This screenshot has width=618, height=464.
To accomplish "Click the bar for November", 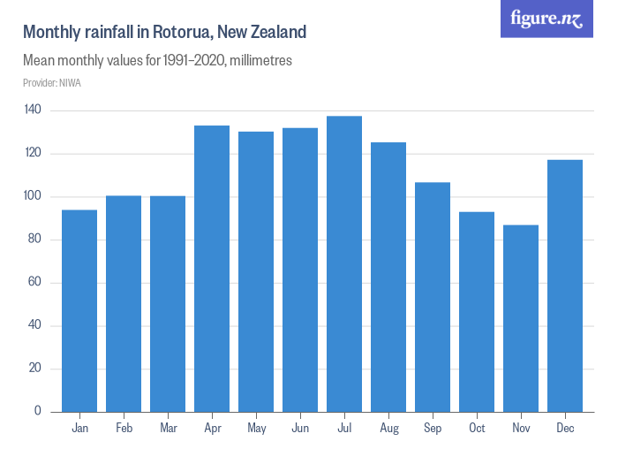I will point(521,318).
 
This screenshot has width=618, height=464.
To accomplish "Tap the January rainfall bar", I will point(79,310).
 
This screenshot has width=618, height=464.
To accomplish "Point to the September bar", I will point(433,297).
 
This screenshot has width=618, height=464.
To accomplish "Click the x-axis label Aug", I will point(388,429).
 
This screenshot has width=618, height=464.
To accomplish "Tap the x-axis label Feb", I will point(124,429).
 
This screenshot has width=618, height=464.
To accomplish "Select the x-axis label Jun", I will point(300,429).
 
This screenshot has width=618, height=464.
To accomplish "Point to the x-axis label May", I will point(256,429).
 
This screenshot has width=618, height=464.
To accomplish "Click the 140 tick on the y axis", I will point(34,110).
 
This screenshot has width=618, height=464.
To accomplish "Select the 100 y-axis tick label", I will point(34,196).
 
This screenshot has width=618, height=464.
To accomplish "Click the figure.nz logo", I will point(546,19).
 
